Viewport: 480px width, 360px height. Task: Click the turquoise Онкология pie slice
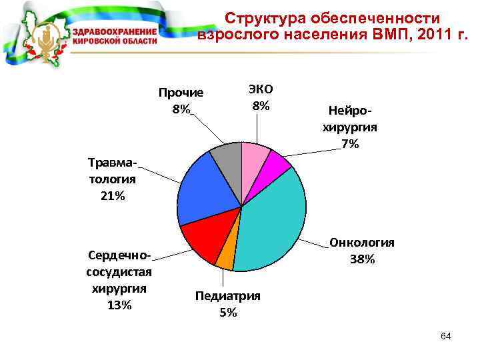[x=270, y=223]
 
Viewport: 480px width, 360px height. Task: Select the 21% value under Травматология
[x=111, y=196]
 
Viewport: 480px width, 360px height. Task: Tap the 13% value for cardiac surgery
[x=119, y=305]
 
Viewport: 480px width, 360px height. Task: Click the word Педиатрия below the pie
[x=228, y=297]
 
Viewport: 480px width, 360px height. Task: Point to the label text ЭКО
[x=261, y=89]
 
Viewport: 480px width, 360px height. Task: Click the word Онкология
[x=362, y=243]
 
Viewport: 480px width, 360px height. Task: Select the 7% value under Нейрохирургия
[x=350, y=144]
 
